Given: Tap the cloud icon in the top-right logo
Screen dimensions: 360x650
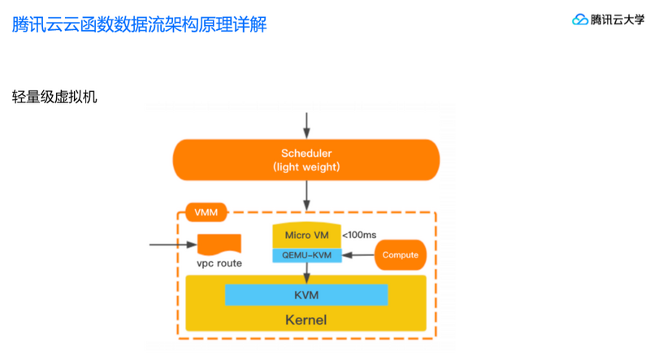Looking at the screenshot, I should pos(580,20).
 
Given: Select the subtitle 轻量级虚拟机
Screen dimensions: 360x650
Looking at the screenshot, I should pos(54,97).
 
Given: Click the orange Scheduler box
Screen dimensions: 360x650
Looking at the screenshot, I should pos(305,159).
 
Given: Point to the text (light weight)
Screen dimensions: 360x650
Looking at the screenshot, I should pos(306,167).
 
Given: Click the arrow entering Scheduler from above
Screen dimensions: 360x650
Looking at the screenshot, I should pos(306,124).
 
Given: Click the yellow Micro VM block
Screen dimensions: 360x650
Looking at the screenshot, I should pos(306,235).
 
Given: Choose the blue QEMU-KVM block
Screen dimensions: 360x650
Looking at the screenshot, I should pos(306,254).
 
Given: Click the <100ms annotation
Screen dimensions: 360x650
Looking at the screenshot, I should pos(359,235).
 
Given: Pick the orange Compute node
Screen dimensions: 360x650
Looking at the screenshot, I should pos(400,255).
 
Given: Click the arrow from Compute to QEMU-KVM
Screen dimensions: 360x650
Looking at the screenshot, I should pos(357,255).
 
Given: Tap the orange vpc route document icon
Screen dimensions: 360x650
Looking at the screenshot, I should pos(219,244).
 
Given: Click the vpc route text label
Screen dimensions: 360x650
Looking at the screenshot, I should pos(219,264).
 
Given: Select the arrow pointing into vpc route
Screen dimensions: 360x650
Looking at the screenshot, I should pos(172,244).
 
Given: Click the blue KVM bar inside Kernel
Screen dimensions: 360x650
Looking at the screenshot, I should pos(306,294).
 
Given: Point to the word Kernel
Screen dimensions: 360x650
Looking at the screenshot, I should pos(306,319).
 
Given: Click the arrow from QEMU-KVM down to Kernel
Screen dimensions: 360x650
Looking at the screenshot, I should pos(306,271).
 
